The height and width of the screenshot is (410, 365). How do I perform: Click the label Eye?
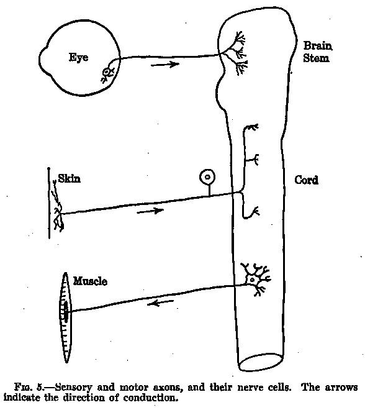(78, 58)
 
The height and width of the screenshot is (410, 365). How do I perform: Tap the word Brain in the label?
(318, 46)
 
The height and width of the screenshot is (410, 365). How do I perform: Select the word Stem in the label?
(316, 58)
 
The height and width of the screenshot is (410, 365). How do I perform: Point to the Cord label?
(306, 180)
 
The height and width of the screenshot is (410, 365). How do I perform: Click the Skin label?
(70, 178)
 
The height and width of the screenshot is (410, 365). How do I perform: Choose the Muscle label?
(90, 281)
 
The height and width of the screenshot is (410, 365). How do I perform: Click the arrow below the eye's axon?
(165, 64)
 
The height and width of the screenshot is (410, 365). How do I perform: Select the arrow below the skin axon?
(150, 211)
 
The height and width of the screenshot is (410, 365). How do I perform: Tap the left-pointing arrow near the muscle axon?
(160, 303)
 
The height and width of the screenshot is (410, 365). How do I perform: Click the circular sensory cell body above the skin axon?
(207, 177)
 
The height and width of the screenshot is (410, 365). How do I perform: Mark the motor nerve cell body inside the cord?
(252, 280)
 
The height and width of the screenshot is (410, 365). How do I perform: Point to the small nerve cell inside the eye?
(107, 72)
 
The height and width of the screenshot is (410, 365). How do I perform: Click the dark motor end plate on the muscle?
(66, 311)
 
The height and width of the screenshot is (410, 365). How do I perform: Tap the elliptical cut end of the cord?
(261, 362)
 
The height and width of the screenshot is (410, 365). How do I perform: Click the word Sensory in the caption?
(74, 387)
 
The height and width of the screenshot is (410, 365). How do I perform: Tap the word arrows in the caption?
(341, 387)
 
